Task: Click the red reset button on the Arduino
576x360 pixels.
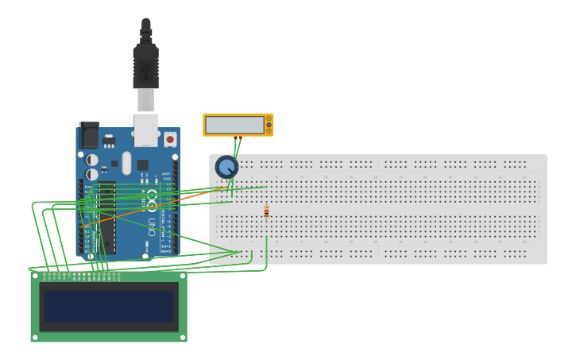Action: click(170, 140)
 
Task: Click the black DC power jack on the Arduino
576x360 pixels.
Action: click(89, 136)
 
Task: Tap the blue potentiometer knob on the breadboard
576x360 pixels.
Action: click(226, 167)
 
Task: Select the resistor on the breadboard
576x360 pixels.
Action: click(266, 211)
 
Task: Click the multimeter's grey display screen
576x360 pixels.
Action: click(235, 125)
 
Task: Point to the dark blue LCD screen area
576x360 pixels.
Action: click(109, 306)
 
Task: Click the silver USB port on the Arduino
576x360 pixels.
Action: click(145, 130)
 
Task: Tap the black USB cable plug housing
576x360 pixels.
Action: click(145, 67)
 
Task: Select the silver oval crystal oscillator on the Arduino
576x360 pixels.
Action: click(126, 162)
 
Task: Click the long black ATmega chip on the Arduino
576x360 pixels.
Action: click(107, 217)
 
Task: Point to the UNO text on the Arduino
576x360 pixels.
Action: click(152, 226)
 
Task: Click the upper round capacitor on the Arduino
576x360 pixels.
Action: click(92, 160)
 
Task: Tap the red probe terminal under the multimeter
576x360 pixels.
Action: click(240, 137)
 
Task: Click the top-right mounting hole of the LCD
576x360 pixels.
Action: click(182, 277)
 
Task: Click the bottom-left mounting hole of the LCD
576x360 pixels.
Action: click(35, 337)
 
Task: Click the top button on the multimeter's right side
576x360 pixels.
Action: click(269, 118)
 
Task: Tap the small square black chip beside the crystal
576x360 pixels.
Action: click(142, 165)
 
